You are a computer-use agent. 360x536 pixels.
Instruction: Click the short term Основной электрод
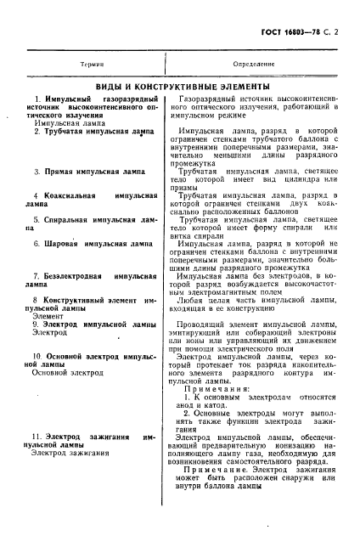click(x=65, y=372)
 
